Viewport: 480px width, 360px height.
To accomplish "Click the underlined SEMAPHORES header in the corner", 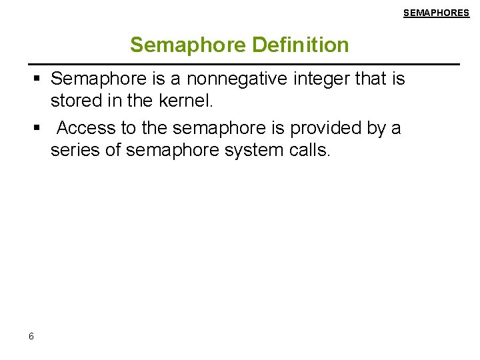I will [436, 13].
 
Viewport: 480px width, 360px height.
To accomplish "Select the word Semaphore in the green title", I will [189, 45].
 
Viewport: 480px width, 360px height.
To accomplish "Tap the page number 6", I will [31, 336].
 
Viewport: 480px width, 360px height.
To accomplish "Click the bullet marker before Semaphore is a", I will [38, 79].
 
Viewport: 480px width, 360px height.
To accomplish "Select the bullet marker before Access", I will [38, 128].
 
